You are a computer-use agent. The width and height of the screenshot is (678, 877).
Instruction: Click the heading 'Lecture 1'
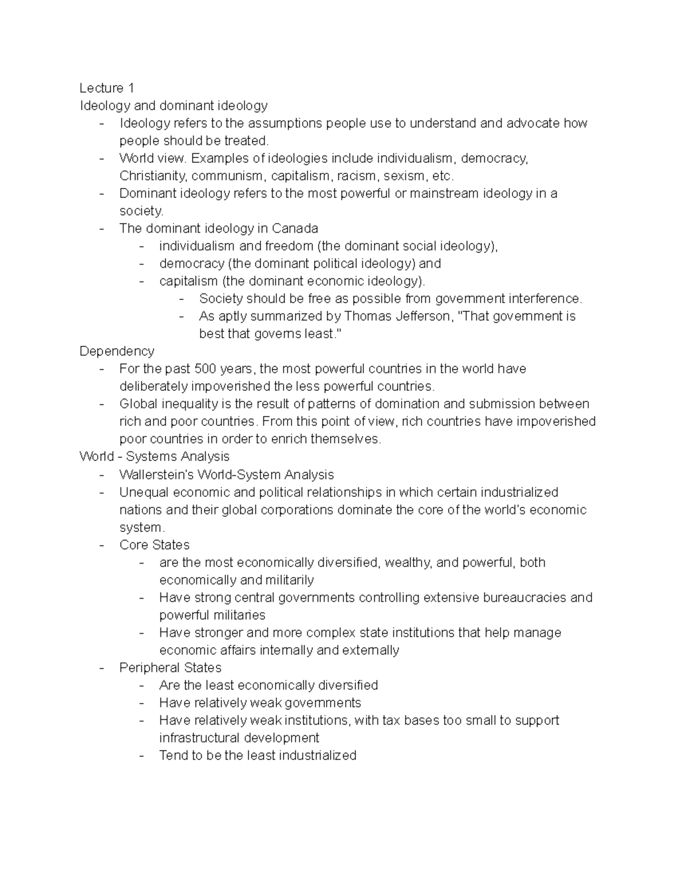click(x=107, y=88)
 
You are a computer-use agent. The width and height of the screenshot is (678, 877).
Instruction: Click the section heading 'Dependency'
click(x=116, y=351)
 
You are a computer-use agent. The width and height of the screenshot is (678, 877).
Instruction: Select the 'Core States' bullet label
click(x=154, y=545)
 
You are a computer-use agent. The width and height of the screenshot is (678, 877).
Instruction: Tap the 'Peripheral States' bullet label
click(x=170, y=668)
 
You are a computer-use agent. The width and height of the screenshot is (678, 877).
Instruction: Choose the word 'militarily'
click(x=285, y=580)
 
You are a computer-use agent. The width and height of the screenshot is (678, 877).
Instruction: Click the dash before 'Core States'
click(x=102, y=545)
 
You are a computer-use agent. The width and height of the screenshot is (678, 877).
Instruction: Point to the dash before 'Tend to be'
click(x=141, y=756)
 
